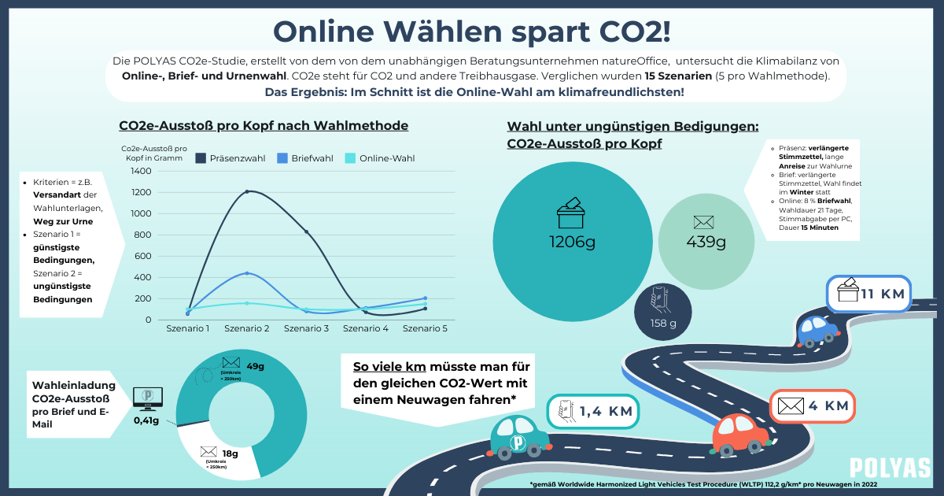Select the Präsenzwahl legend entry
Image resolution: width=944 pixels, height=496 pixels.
231,158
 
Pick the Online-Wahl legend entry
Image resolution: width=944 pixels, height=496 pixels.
379,158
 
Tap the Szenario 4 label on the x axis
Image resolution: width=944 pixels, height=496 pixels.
366,328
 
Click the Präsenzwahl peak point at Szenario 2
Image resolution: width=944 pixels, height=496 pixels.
246,191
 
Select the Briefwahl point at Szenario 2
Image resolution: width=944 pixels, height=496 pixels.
246,273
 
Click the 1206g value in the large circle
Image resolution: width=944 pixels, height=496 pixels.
572,241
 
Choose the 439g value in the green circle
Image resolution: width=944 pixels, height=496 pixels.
706,241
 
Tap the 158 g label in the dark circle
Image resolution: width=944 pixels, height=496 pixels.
662,323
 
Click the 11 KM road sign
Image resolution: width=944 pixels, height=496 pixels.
868,294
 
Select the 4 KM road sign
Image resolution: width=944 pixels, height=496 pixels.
812,406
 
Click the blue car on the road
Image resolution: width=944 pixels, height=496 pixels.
817,330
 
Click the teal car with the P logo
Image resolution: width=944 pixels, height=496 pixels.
520,437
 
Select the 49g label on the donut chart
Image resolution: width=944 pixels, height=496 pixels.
255,366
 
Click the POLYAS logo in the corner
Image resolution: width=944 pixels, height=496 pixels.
890,468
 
